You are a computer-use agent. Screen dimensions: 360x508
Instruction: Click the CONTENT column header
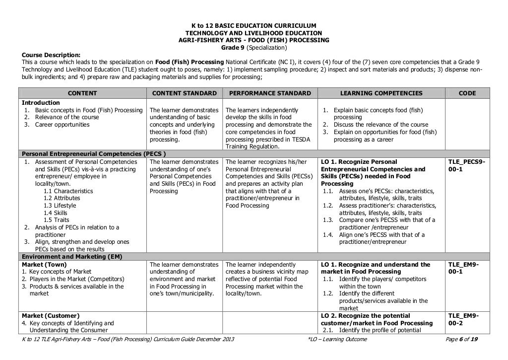(82, 93)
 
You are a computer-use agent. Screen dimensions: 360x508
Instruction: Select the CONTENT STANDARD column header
(184, 93)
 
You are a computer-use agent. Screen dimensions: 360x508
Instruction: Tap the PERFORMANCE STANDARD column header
(268, 93)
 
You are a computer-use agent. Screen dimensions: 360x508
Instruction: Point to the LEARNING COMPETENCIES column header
(381, 93)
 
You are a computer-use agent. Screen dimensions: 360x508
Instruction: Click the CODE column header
(468, 93)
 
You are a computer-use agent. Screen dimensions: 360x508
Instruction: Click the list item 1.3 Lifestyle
(60, 206)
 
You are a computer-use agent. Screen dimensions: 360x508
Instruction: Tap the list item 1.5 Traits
(56, 220)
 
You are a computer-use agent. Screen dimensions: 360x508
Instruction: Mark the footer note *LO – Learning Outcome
(337, 339)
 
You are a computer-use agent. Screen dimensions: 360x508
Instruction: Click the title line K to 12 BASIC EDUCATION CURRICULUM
(254, 26)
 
